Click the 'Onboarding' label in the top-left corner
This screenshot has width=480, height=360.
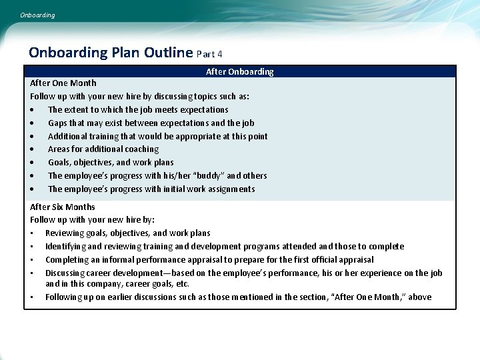(37, 15)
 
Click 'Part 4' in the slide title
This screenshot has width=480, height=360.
(210, 54)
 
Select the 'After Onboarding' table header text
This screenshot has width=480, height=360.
(239, 71)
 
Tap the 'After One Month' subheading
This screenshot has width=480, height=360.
(63, 83)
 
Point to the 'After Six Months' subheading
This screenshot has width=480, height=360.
(63, 207)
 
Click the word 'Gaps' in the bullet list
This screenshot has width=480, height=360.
(58, 123)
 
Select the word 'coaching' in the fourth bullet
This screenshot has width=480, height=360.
(141, 149)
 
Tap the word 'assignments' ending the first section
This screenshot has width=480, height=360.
(231, 189)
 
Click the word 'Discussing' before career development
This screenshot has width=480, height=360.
(65, 273)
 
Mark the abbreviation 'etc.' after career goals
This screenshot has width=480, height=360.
(182, 284)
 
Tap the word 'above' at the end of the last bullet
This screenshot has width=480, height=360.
(419, 297)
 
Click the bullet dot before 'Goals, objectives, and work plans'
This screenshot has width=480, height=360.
(32, 163)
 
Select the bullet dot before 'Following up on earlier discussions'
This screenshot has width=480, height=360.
(32, 297)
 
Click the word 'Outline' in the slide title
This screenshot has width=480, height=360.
(169, 53)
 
